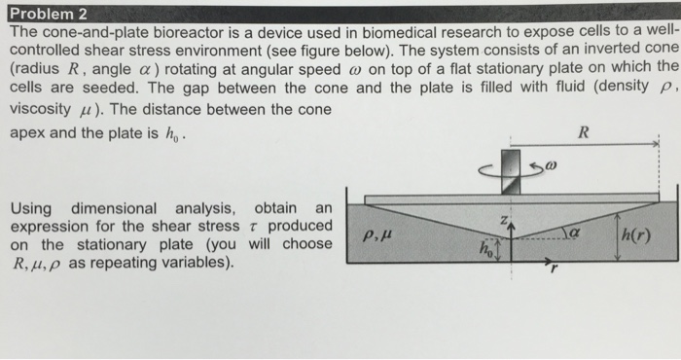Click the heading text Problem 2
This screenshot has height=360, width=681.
(x=46, y=13)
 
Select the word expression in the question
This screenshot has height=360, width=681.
(x=49, y=226)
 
